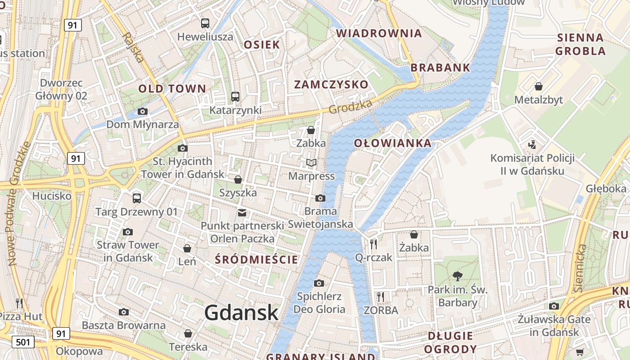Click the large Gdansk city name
242,313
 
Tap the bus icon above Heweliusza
205,23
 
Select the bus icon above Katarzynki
235,96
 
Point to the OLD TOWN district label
172,89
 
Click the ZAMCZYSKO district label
331,85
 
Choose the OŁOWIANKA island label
392,144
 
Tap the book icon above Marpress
311,162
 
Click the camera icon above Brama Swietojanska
320,198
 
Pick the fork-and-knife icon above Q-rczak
373,244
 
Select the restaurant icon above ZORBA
381,297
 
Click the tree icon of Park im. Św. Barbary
458,276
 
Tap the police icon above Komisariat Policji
532,145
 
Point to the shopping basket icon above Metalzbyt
539,86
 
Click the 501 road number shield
23,342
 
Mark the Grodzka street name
351,107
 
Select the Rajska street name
133,47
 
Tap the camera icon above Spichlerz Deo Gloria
319,283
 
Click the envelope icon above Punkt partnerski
242,212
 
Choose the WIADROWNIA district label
379,33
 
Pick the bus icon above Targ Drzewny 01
137,198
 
